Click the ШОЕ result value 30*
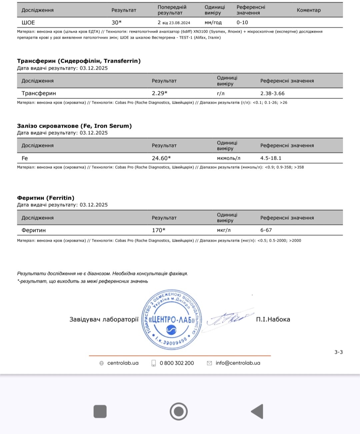(116, 23)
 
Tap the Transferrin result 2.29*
(159, 93)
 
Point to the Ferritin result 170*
(158, 230)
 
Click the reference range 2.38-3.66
(272, 93)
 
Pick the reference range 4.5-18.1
(271, 158)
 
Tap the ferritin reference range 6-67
(266, 230)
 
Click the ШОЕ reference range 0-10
(242, 23)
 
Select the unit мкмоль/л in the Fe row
(228, 158)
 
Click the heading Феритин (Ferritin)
(46, 198)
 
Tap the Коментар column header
(309, 10)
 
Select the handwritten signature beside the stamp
(228, 319)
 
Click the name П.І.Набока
(273, 319)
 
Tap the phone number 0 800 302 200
(177, 363)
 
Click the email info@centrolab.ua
(238, 363)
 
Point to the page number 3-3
(338, 352)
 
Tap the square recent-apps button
(100, 411)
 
